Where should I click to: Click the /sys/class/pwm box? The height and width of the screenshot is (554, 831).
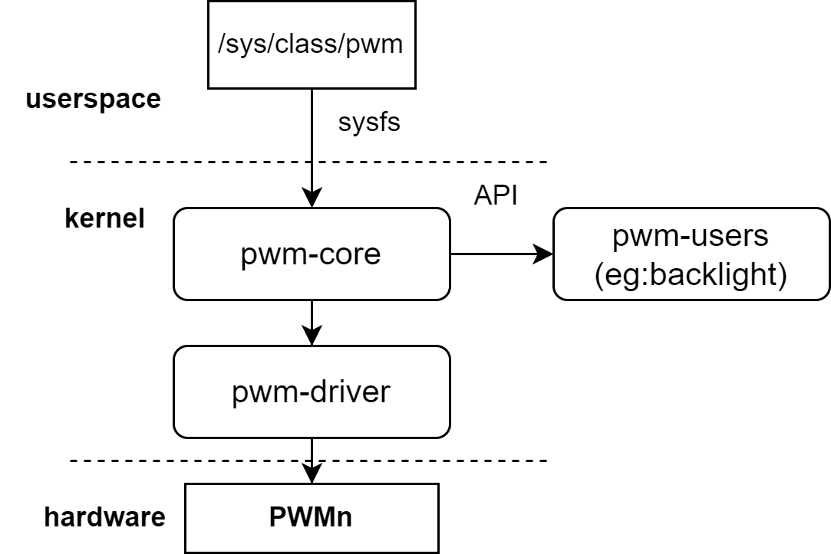pyautogui.click(x=311, y=44)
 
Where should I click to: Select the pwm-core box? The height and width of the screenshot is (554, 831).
pyautogui.click(x=311, y=254)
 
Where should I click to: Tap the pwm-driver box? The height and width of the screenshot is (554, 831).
pyautogui.click(x=311, y=392)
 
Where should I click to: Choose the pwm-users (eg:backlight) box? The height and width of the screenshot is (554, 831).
pyautogui.click(x=691, y=254)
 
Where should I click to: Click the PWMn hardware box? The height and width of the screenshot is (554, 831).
pyautogui.click(x=311, y=518)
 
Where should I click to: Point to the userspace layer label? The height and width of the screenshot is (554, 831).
pyautogui.click(x=93, y=100)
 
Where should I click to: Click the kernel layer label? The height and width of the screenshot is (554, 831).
pyautogui.click(x=104, y=219)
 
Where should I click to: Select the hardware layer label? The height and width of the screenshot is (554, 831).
pyautogui.click(x=104, y=517)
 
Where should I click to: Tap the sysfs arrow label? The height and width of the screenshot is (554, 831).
pyautogui.click(x=369, y=123)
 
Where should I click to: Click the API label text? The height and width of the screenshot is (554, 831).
pyautogui.click(x=496, y=195)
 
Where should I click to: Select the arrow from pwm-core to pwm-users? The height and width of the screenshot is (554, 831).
pyautogui.click(x=499, y=254)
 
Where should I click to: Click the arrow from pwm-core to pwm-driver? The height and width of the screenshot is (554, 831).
pyautogui.click(x=311, y=320)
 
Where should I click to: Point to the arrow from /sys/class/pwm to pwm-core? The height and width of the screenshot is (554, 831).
pyautogui.click(x=311, y=146)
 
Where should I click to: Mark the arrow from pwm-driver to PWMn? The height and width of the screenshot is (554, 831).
pyautogui.click(x=311, y=458)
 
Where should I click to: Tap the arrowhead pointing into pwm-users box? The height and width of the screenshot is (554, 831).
pyautogui.click(x=544, y=254)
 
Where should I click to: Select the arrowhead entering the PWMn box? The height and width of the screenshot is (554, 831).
pyautogui.click(x=311, y=475)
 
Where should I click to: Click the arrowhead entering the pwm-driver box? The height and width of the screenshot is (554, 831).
pyautogui.click(x=311, y=336)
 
